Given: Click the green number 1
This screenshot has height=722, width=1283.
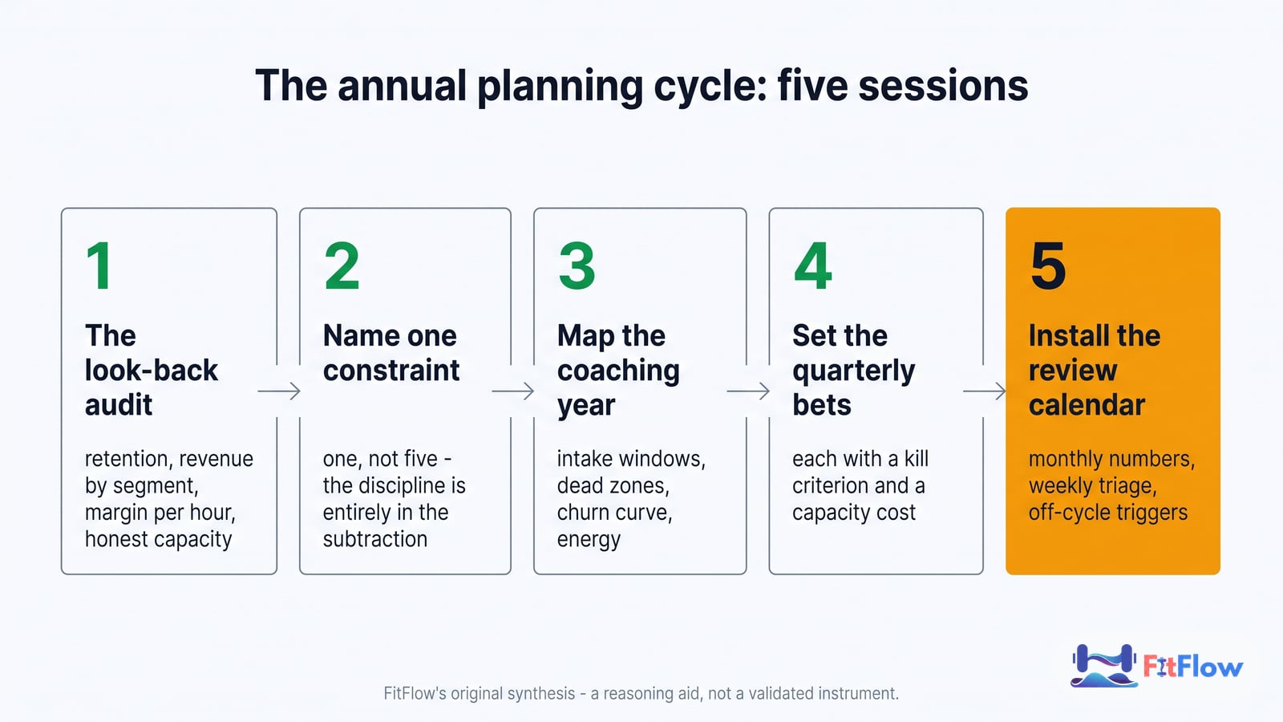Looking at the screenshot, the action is click(x=99, y=266).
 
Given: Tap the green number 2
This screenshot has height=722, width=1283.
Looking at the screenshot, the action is click(x=342, y=266).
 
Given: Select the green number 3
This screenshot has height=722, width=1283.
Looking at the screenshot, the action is click(x=577, y=266).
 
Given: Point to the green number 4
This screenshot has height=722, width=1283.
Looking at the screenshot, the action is click(x=813, y=266).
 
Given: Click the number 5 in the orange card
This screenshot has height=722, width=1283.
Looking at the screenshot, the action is click(x=1048, y=266).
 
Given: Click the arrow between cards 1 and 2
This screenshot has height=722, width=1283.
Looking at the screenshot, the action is click(x=279, y=391).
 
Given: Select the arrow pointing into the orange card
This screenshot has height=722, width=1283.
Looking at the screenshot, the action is click(x=985, y=391).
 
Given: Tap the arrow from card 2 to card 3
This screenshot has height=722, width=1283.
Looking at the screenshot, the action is click(x=513, y=391).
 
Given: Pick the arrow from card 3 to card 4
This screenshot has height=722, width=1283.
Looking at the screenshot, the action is click(x=748, y=391).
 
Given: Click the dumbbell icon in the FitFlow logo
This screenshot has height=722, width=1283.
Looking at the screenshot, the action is click(x=1103, y=666).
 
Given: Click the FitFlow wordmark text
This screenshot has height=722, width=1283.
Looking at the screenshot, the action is click(x=1193, y=667).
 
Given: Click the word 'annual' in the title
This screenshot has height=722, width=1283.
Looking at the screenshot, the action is click(x=402, y=86).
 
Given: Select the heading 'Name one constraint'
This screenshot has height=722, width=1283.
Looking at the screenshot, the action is click(x=391, y=353).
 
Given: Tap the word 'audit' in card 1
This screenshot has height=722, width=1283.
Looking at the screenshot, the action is click(x=119, y=405).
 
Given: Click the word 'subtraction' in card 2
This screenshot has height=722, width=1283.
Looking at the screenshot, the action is click(x=375, y=539).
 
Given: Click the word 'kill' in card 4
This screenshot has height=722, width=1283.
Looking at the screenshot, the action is click(x=917, y=458).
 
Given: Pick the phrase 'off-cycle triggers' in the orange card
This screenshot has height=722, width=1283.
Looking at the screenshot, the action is click(x=1108, y=513).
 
